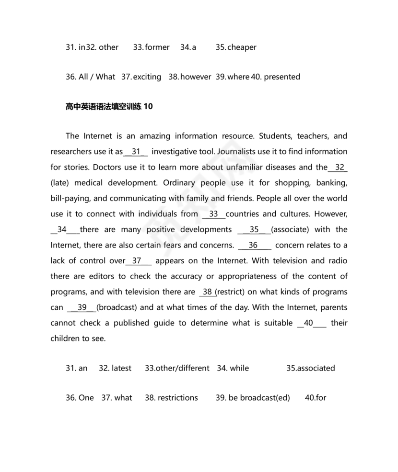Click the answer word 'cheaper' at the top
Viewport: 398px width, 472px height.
click(x=242, y=47)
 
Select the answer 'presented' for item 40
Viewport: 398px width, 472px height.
click(x=282, y=77)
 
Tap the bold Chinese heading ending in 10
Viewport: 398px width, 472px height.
click(x=109, y=106)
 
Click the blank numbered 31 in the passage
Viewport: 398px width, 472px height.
click(x=136, y=152)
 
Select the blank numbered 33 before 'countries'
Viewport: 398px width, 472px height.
click(x=214, y=214)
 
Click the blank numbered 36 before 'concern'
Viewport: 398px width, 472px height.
click(x=254, y=245)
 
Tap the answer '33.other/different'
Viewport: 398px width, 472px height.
click(x=177, y=368)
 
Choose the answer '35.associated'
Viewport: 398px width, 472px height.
click(x=310, y=368)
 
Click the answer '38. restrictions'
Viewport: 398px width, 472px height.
click(x=171, y=397)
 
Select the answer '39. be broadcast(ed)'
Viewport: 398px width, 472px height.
click(x=253, y=397)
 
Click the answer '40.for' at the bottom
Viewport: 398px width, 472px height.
click(x=316, y=397)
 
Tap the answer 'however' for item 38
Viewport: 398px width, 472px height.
click(x=196, y=77)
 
